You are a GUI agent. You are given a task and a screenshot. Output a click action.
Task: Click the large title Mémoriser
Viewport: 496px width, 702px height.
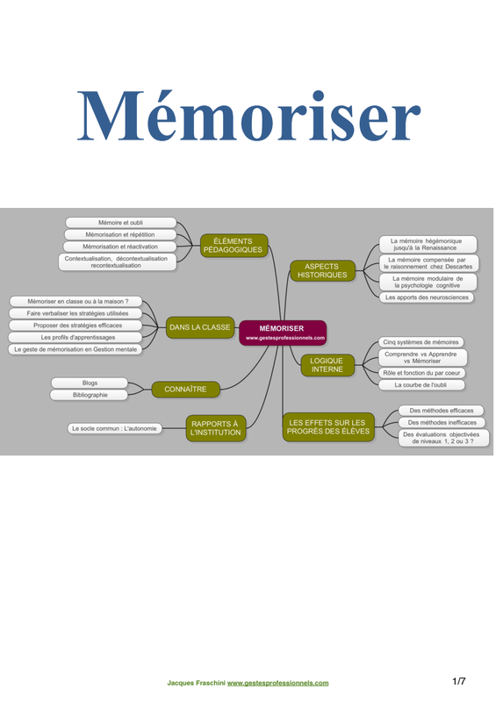[248, 116]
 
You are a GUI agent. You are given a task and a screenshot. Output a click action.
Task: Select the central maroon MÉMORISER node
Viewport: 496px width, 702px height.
[283, 333]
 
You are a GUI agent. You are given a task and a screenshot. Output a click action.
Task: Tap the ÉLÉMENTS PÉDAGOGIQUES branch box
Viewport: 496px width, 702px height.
[234, 246]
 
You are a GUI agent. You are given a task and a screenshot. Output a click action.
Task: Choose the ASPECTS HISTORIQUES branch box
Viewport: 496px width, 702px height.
[322, 270]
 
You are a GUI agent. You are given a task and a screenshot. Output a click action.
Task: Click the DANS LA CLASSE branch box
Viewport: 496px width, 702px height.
[200, 327]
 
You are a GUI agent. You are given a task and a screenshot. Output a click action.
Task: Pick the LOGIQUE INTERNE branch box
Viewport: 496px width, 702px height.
[327, 365]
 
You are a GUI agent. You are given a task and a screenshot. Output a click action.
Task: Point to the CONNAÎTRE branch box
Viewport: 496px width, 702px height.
[185, 389]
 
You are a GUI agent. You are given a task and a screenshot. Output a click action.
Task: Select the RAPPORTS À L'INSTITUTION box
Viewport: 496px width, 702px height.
[215, 428]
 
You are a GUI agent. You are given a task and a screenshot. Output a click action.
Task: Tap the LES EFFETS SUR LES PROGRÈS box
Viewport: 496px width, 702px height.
[328, 426]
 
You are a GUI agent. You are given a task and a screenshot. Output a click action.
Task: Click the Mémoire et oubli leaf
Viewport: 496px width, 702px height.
[120, 223]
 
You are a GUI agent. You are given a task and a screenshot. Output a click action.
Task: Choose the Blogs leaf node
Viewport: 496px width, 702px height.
[90, 383]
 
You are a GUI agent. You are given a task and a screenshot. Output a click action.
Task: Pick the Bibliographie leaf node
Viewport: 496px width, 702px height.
[90, 395]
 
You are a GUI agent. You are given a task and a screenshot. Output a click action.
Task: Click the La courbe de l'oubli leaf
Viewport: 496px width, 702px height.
[421, 384]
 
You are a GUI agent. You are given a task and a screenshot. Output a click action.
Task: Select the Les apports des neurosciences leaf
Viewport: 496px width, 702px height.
[427, 297]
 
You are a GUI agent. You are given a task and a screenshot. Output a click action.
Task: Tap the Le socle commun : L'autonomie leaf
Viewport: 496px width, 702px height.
[114, 428]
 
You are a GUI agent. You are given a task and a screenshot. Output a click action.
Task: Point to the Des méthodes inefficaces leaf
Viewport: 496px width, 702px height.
[442, 422]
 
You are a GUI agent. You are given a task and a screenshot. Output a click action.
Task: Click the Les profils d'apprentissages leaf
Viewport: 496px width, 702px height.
[77, 337]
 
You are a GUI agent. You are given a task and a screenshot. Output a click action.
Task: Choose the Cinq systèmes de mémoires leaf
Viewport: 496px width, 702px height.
[421, 342]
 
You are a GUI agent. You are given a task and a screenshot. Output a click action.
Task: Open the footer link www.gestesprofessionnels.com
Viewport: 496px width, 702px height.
[277, 683]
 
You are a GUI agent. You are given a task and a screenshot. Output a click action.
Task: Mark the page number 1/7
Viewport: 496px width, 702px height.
[459, 682]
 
